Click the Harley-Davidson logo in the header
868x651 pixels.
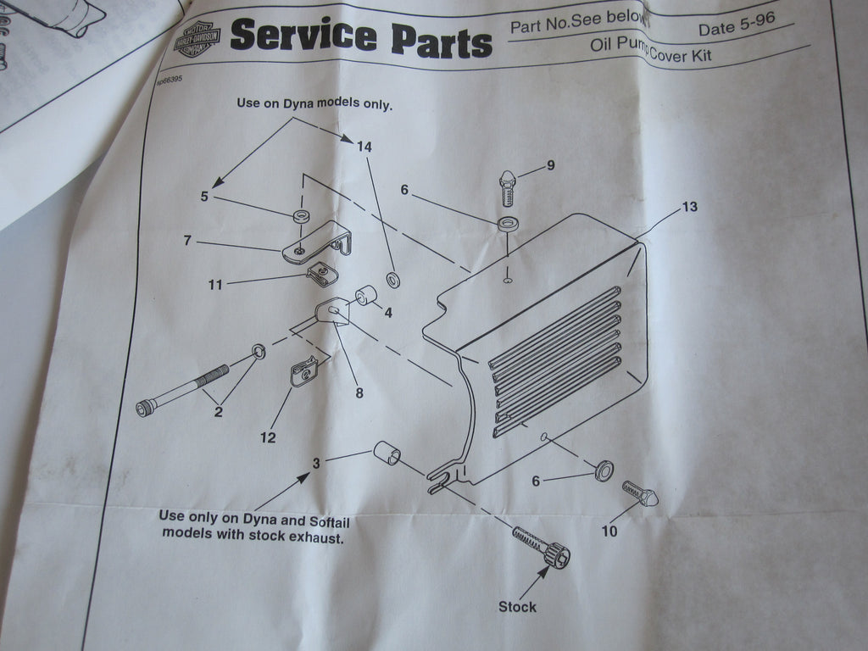[x=197, y=38]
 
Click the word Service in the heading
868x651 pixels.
[x=303, y=36]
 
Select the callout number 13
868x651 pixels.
[x=689, y=206]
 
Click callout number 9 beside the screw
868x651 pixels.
[x=550, y=165]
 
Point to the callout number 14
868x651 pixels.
[x=364, y=147]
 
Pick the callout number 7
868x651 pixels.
[x=187, y=241]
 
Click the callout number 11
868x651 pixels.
[x=215, y=285]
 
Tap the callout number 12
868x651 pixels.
[x=268, y=438]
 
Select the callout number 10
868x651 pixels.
[x=609, y=531]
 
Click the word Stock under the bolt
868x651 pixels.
[x=517, y=607]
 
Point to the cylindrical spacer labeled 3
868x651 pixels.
[x=387, y=453]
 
